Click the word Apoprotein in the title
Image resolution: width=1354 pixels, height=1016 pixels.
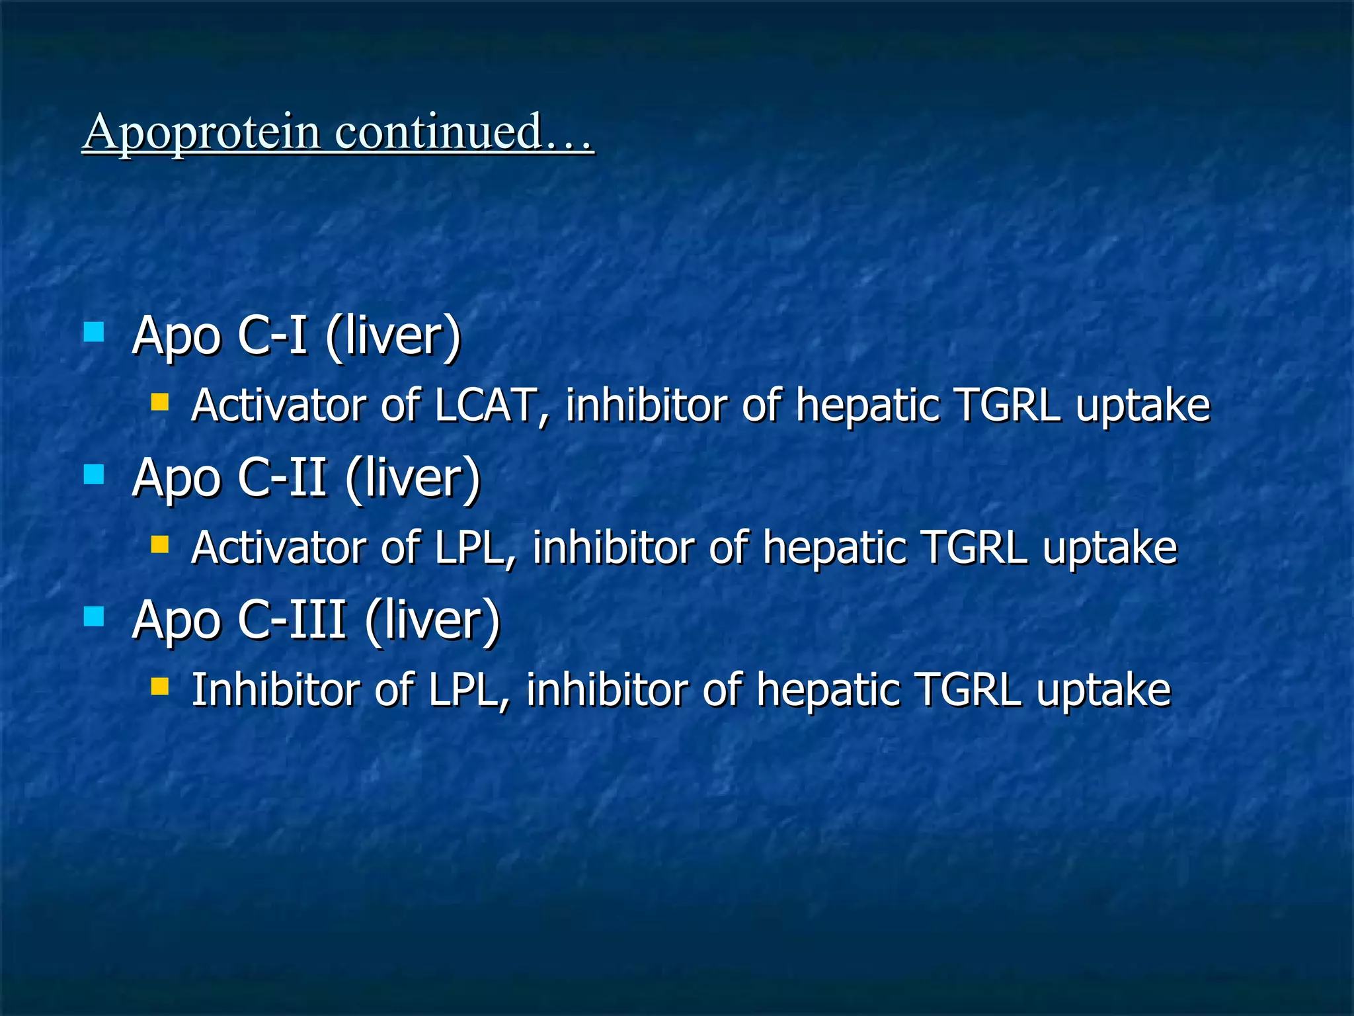tap(202, 132)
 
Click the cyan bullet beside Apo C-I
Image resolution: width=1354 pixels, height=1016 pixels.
tap(94, 331)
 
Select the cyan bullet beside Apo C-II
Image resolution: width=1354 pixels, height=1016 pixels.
tap(94, 474)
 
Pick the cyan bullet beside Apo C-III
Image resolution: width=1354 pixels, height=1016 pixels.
tap(94, 616)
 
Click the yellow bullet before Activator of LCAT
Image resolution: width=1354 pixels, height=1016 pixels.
tap(159, 402)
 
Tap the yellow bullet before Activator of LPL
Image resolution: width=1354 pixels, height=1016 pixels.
tap(159, 544)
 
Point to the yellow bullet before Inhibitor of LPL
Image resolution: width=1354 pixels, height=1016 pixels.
tap(159, 687)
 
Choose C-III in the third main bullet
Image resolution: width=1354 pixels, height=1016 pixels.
tap(292, 620)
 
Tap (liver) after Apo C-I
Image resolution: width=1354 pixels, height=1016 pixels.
tap(393, 335)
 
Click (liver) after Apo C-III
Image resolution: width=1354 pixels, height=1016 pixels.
tap(432, 620)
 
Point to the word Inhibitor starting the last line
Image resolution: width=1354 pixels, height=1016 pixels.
tap(275, 690)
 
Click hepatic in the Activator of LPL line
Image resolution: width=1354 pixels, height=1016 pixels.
tap(833, 548)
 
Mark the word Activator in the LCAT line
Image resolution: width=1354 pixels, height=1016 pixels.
tap(278, 405)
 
